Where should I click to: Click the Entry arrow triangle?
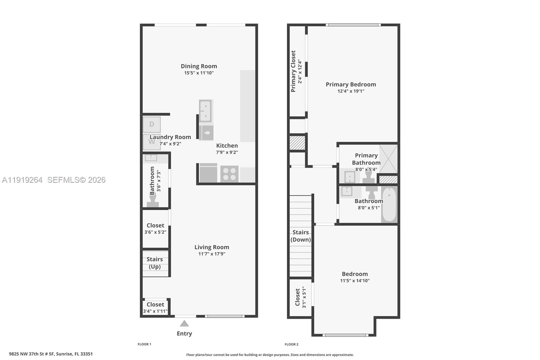tap(184, 324)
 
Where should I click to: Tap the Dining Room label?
tap(199, 66)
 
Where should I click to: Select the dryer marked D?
tap(152, 125)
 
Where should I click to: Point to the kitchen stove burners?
tap(229, 174)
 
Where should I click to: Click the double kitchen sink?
tap(205, 111)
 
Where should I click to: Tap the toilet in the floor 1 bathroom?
tap(153, 202)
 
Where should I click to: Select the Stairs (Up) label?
tap(155, 263)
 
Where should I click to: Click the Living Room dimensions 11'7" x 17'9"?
tap(212, 254)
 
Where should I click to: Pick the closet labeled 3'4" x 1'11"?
tap(155, 308)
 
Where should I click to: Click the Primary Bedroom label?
tap(351, 84)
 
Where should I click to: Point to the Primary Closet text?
tap(293, 71)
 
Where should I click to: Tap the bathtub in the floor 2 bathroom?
tap(389, 205)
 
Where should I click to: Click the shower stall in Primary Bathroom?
tap(388, 159)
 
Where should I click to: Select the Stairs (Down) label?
tap(300, 236)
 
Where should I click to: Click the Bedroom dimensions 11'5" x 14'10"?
tap(355, 281)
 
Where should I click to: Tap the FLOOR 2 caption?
tap(291, 344)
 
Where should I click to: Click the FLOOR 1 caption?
tap(144, 344)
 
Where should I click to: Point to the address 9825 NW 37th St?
tap(51, 354)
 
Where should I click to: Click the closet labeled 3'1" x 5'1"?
tap(300, 297)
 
